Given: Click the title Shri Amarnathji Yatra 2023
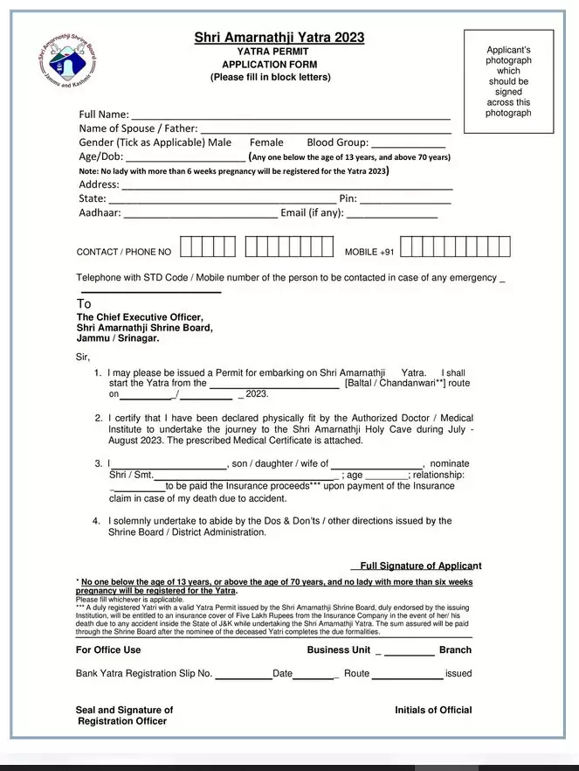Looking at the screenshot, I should click(279, 38).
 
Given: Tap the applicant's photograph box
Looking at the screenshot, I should click(508, 81).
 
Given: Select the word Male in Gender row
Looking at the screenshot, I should click(221, 142).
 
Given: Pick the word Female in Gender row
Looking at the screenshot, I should click(266, 142).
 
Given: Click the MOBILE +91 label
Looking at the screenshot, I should click(369, 252).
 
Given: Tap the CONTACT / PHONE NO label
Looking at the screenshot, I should click(124, 252).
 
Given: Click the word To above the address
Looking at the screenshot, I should click(84, 304).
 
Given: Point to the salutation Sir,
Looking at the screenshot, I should click(83, 356).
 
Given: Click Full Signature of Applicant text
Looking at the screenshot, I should click(420, 566).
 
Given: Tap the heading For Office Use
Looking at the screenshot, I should click(108, 649).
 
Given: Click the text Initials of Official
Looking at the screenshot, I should click(433, 710).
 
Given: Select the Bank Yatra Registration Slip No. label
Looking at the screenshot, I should click(144, 673).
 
